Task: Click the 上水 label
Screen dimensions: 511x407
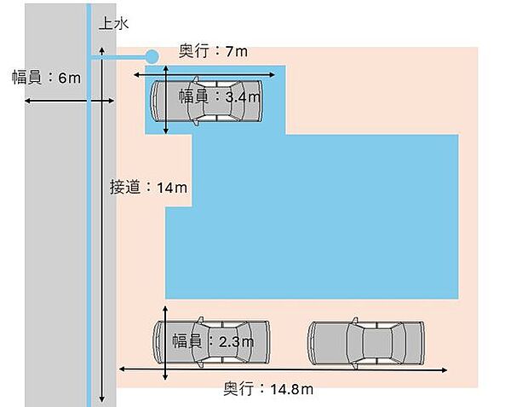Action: [114, 24]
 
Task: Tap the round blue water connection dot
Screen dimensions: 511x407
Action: [152, 57]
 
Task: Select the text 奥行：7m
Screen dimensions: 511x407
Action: [213, 51]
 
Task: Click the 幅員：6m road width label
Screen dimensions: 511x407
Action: [46, 78]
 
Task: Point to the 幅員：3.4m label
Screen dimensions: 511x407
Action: [220, 96]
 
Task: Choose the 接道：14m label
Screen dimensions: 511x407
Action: [148, 188]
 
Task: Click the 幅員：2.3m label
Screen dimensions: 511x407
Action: [213, 341]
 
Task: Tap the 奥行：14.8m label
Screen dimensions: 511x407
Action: [268, 389]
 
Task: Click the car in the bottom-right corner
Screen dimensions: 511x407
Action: [366, 343]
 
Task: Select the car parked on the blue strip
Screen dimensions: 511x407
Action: [207, 101]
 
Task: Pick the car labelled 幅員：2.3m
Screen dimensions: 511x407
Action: [212, 342]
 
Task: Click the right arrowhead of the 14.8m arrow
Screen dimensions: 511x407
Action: [445, 369]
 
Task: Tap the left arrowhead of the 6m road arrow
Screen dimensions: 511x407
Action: [28, 101]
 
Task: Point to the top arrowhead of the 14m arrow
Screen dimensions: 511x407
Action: [102, 50]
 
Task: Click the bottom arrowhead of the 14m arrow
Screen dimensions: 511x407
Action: [102, 399]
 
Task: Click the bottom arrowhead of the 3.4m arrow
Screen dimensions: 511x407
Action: [166, 131]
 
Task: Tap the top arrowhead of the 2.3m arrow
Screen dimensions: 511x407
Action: [165, 309]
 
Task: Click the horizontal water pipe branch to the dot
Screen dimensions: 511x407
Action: [118, 57]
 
